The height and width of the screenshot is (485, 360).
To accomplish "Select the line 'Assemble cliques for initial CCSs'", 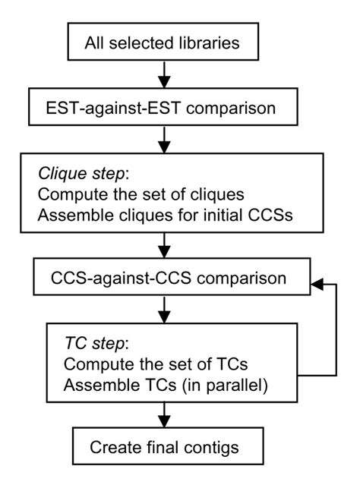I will click(x=158, y=213).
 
